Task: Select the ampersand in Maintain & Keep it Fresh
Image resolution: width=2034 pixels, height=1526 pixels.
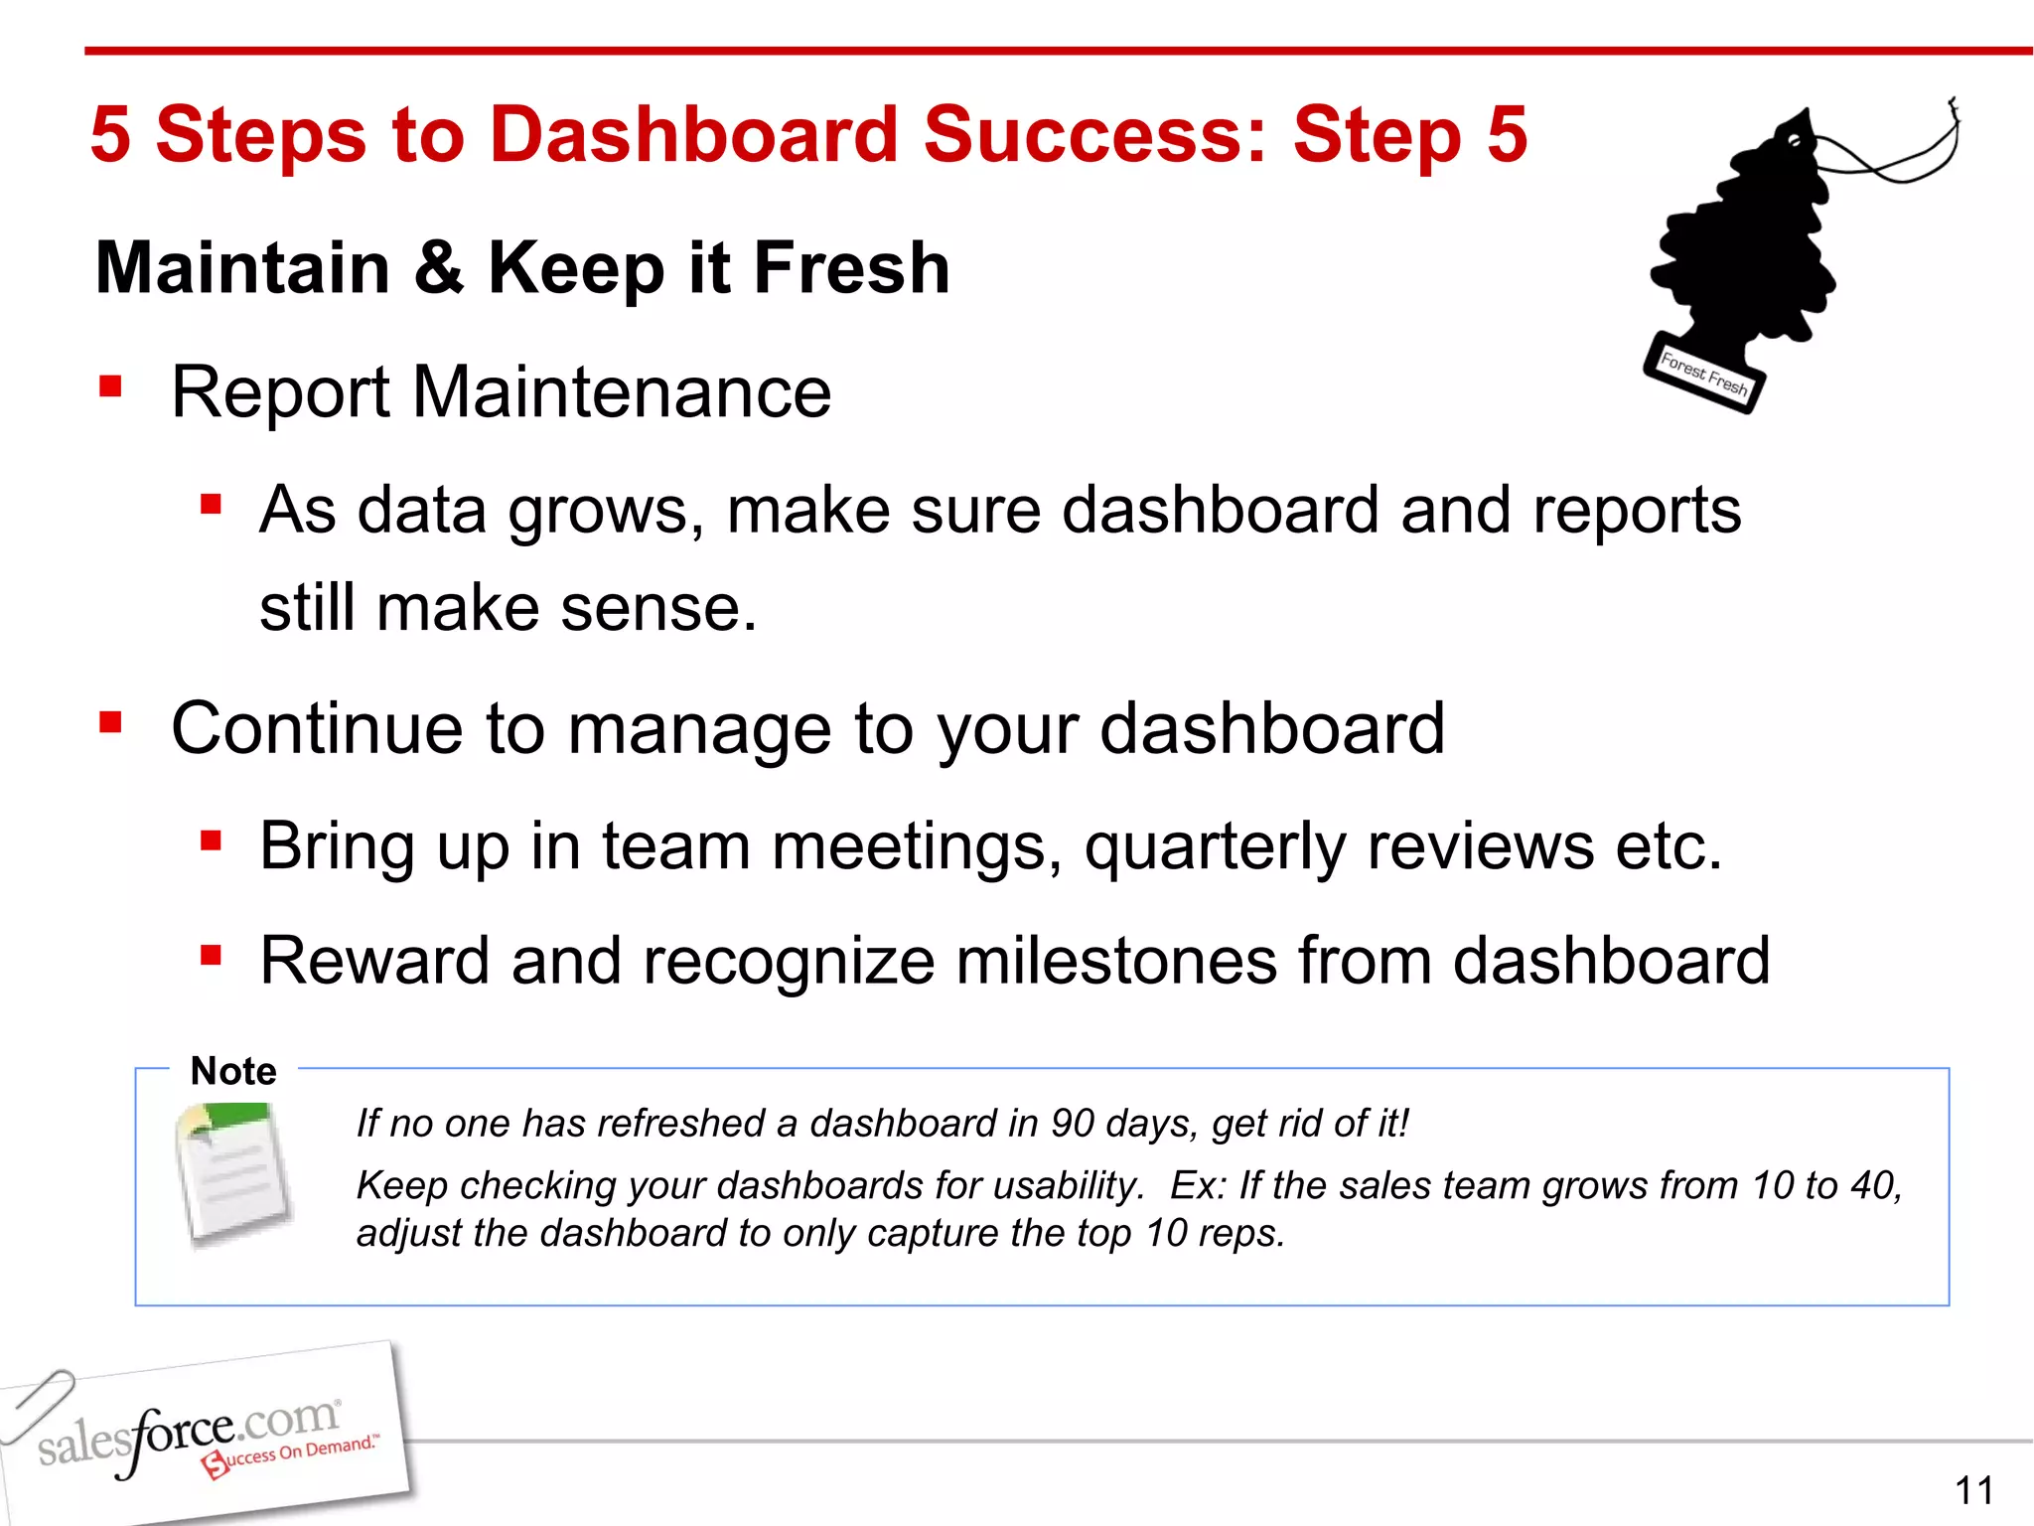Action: coord(438,268)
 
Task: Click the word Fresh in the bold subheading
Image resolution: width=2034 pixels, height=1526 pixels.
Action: coord(851,268)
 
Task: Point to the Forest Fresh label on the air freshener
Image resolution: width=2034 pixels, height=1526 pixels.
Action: coord(1704,375)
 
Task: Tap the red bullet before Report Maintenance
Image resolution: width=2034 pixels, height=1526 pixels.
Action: coord(110,385)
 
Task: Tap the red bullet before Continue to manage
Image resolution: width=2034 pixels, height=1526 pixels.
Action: coord(110,722)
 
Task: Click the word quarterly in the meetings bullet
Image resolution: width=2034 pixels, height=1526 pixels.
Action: coord(1214,847)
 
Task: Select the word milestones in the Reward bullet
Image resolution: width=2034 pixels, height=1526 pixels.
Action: coord(1115,961)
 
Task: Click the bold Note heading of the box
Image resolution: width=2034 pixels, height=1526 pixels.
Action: coord(233,1071)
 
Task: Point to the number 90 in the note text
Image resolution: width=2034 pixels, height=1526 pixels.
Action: coord(1072,1124)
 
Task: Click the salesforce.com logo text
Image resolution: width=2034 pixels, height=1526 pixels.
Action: coord(189,1434)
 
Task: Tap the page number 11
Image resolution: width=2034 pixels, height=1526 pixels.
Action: coord(1973,1490)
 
